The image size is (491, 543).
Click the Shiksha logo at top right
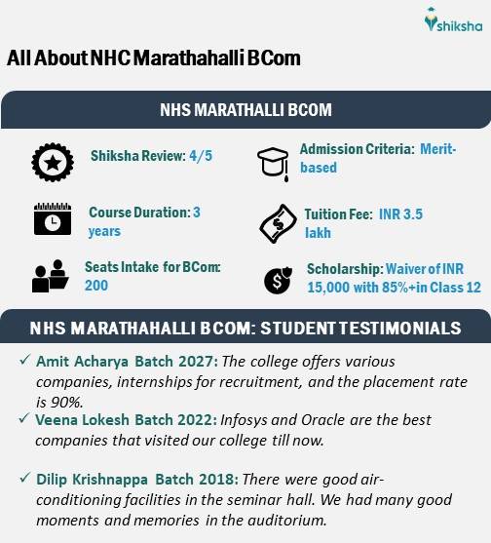point(445,20)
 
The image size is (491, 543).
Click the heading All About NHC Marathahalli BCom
point(154,58)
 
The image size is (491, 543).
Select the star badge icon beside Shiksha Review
point(47,161)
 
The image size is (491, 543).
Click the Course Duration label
point(138,213)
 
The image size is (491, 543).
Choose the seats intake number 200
point(96,286)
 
